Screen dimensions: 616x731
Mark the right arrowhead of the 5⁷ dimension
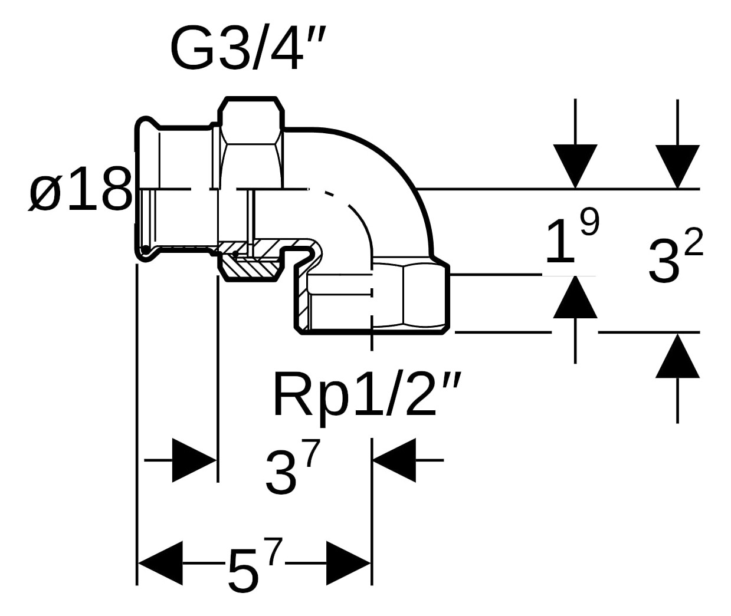[x=348, y=563]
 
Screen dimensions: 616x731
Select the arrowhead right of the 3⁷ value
[x=394, y=460]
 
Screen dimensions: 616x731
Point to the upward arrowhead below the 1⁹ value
[x=575, y=297]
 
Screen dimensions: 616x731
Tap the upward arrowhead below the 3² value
[x=677, y=355]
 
